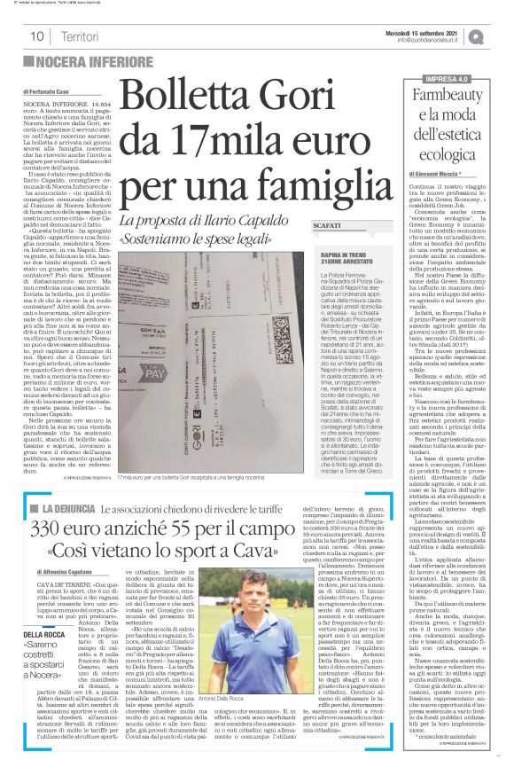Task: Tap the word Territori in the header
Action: pos(81,36)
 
